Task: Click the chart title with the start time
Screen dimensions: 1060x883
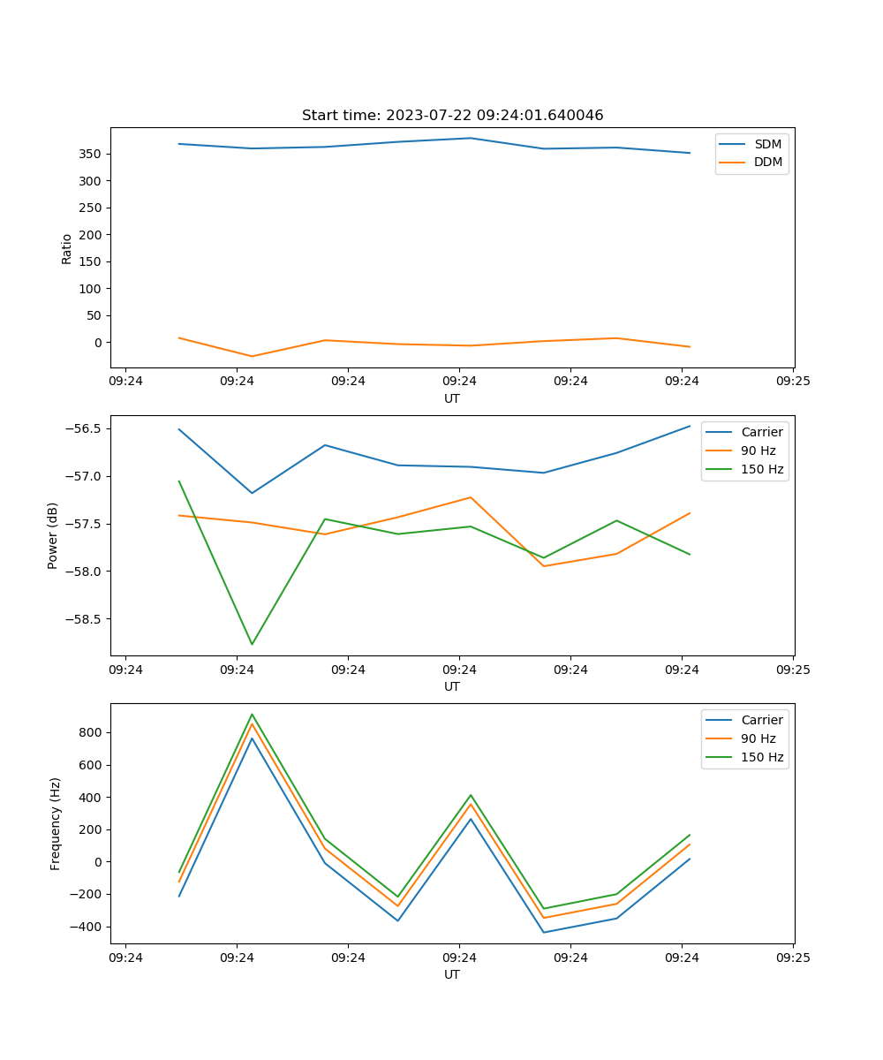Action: (452, 116)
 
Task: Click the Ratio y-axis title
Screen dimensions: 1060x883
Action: (67, 248)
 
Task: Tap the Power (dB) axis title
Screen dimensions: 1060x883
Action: (53, 535)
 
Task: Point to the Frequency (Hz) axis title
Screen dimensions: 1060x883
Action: (56, 823)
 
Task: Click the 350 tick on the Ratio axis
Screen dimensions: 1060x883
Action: (89, 154)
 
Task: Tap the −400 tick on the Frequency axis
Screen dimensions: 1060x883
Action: (87, 927)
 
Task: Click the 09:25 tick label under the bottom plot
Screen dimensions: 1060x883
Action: (793, 958)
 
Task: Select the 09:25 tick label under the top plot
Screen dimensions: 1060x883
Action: (793, 382)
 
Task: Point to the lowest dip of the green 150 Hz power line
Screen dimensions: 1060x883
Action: (252, 644)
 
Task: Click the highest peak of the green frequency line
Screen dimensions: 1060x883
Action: (252, 715)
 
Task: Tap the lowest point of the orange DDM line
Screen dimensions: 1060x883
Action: (252, 357)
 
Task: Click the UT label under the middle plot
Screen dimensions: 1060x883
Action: (452, 686)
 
